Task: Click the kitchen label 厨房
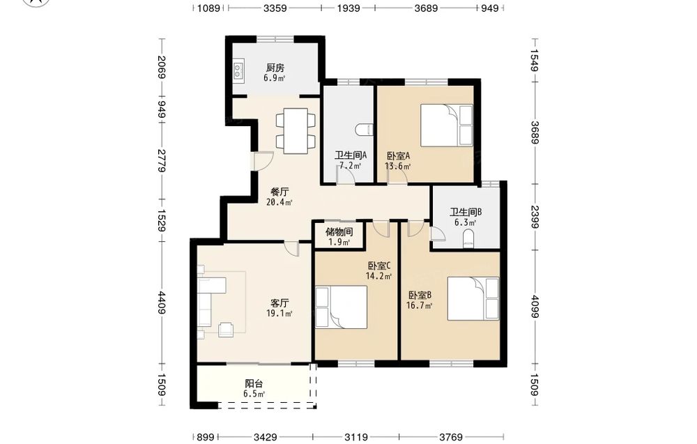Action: coord(275,68)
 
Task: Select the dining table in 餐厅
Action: coord(296,130)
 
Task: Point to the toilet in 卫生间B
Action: coord(469,240)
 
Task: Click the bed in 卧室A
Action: coord(447,125)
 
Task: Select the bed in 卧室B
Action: coord(473,298)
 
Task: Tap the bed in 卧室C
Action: coord(342,307)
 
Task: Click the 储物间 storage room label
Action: coord(339,231)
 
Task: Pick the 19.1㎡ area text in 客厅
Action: coord(279,314)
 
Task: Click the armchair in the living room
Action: coord(227,329)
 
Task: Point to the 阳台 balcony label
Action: coord(254,383)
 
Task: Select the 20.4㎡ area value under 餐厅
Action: coord(279,203)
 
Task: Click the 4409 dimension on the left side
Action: coord(162,303)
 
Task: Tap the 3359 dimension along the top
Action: coord(275,8)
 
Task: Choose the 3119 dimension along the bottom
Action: coord(356,437)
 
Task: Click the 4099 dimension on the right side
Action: coord(534,307)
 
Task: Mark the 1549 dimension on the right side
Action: coord(534,60)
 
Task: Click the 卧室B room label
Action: coord(420,295)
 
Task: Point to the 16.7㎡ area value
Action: coord(419,305)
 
